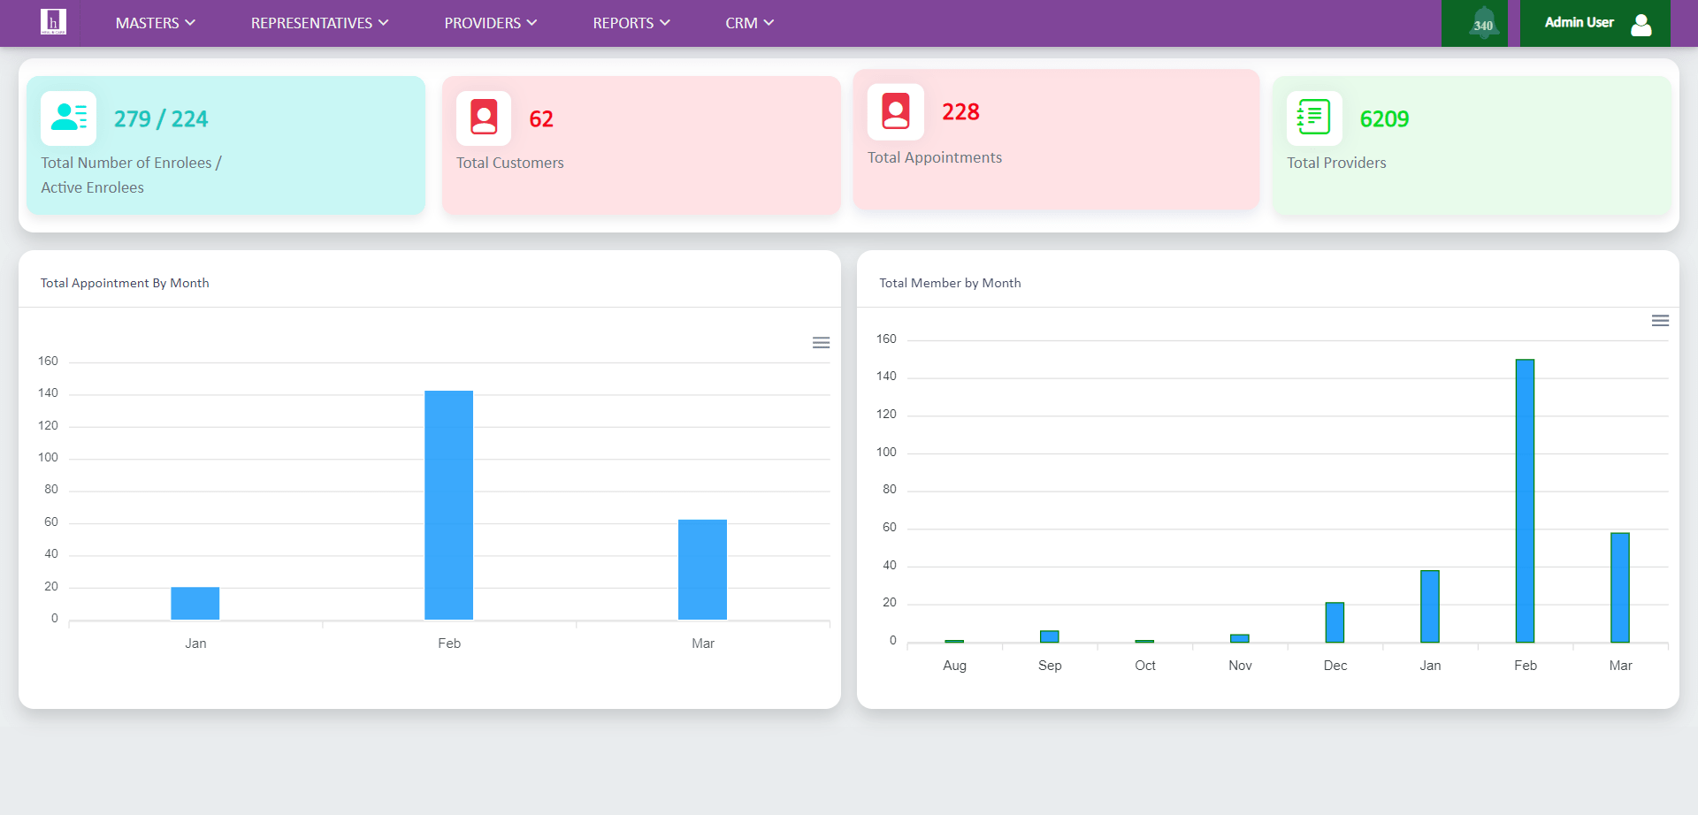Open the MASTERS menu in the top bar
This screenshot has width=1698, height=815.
coord(155,23)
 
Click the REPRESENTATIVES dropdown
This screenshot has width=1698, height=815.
coord(319,23)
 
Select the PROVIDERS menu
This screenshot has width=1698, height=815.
coord(490,23)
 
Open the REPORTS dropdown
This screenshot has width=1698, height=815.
coord(631,23)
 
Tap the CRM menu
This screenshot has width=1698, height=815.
coord(749,23)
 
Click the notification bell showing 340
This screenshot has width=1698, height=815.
coord(1483,24)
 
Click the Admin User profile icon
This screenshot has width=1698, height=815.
coord(1641,24)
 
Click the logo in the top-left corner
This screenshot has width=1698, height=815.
coord(53,22)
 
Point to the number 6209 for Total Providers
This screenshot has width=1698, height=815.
coord(1384,119)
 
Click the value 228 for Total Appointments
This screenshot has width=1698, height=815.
coord(960,112)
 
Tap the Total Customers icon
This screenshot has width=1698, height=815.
coord(484,118)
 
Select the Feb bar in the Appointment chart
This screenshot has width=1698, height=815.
coord(448,505)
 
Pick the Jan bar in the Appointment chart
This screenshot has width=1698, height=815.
coord(195,603)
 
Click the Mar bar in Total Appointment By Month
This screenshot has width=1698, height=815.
coord(702,569)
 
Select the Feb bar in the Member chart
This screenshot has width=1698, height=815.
coord(1525,500)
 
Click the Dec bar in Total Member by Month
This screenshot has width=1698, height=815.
coord(1335,622)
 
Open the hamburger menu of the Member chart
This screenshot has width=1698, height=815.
coord(1660,321)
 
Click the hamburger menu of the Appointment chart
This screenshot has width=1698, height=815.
coord(821,343)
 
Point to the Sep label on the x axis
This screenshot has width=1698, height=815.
coord(1050,666)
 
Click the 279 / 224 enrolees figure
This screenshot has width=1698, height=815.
coord(161,119)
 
